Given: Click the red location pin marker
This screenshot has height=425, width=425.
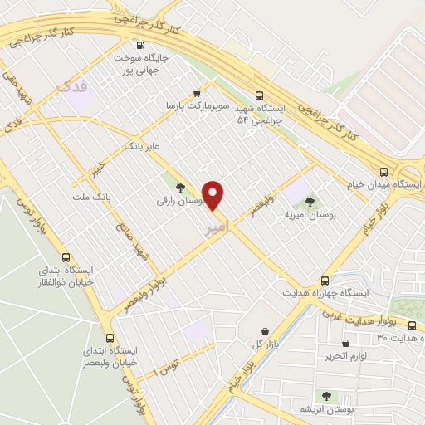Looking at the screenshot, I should coord(213,196).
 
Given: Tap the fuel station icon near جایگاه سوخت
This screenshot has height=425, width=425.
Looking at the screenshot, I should coord(139,46).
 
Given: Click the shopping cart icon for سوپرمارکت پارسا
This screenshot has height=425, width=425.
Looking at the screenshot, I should coord(196,93).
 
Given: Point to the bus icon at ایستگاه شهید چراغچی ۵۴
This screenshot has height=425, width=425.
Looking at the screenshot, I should coord(260,95).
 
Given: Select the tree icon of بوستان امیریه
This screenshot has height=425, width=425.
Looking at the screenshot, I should coord(310,201).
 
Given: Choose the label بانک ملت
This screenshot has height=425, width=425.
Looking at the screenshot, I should coord(92,197).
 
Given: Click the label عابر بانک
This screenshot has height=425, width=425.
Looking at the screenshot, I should coord(141,145).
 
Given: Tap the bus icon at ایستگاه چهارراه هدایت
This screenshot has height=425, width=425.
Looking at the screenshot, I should coord(324,280).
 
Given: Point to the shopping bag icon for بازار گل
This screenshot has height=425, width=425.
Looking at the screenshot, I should coord(265,330).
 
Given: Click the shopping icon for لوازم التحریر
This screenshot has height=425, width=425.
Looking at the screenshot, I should coord(344,343).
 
